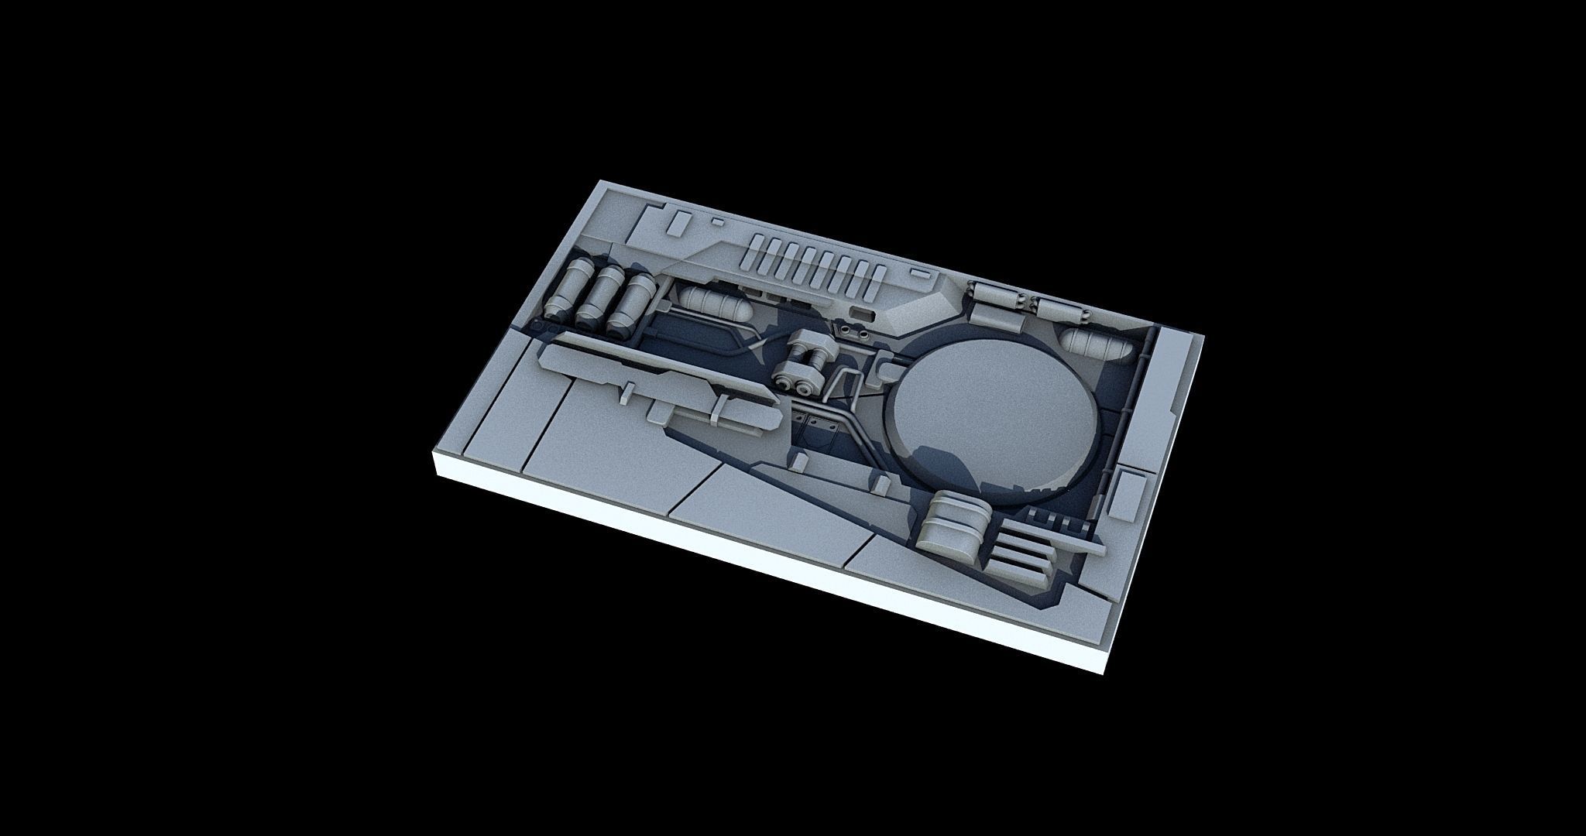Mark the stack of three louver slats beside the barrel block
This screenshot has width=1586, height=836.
tap(1022, 553)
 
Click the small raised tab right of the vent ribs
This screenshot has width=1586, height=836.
tap(919, 274)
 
